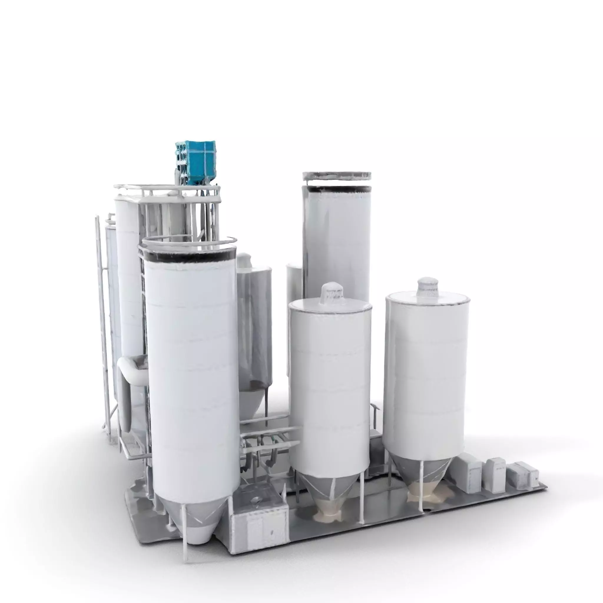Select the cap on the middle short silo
[333, 293]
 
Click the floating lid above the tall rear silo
[337, 176]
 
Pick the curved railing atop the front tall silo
[187, 241]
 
